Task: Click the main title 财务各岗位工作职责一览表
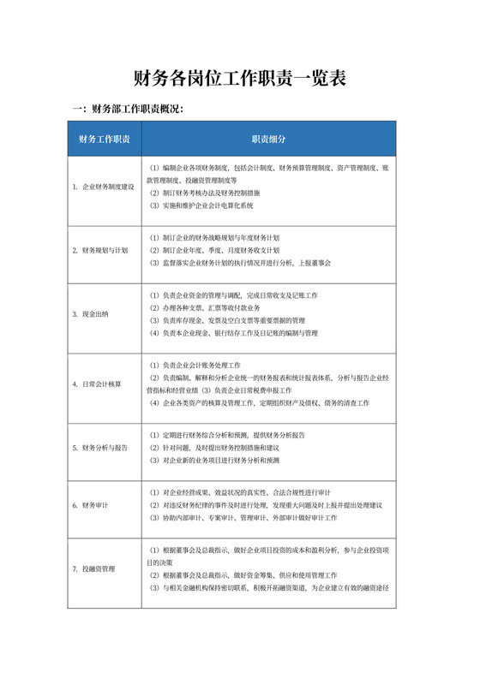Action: point(240,79)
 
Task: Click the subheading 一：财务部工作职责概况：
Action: point(128,109)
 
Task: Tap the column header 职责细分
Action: point(268,139)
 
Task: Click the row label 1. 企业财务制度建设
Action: point(104,187)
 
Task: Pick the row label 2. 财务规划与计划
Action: point(100,250)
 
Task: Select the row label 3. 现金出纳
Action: point(91,314)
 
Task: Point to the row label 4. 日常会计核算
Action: point(97,384)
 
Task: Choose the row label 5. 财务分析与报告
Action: point(100,448)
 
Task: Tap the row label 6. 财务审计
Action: point(91,505)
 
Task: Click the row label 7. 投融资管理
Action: point(94,568)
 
